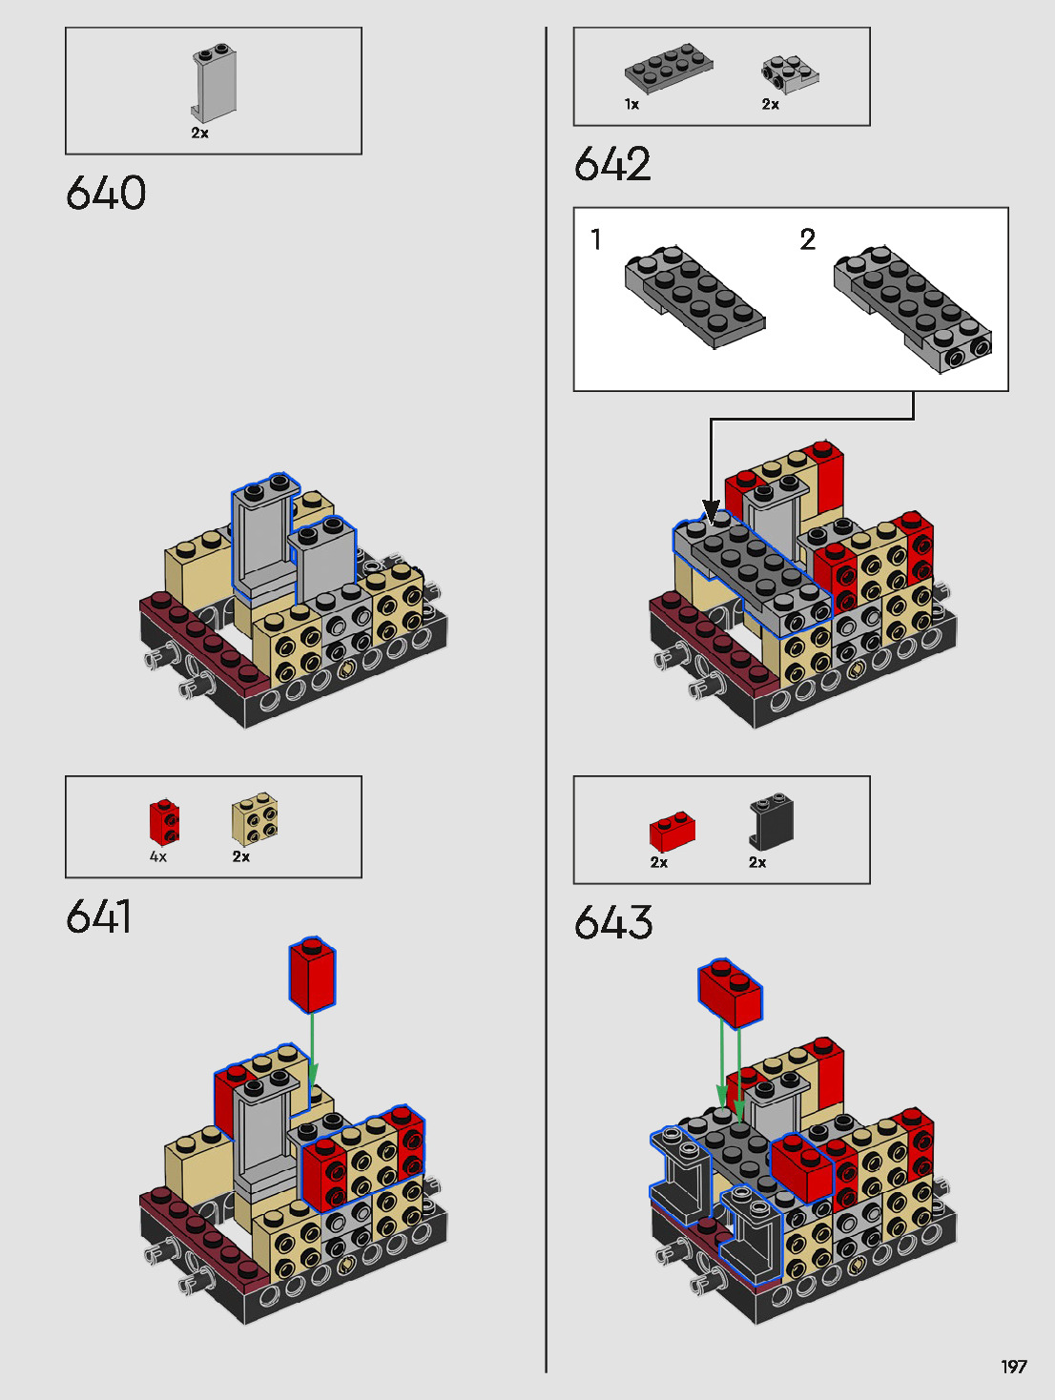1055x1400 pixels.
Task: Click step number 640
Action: pos(106,193)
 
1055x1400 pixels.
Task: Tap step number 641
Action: pos(99,917)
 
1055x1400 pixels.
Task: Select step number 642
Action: pos(613,164)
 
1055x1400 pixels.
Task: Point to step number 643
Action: pos(613,923)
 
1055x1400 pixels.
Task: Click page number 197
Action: pos(1014,1367)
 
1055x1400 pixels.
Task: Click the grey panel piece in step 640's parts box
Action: pos(214,85)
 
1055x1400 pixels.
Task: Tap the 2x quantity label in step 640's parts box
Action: pos(199,134)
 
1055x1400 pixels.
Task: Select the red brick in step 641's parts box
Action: pos(164,823)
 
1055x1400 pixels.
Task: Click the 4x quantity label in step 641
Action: pos(158,857)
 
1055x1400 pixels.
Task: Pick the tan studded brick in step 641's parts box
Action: pos(255,819)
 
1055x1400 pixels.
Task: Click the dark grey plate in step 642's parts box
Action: pos(669,69)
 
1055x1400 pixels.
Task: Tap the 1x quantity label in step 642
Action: pos(631,105)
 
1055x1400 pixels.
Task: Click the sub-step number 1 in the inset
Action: pos(596,239)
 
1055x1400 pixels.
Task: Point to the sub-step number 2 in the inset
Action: pos(808,239)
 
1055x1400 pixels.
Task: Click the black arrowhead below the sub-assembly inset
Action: pos(711,511)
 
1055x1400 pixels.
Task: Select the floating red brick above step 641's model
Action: pos(313,975)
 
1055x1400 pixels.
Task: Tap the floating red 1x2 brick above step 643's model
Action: pos(731,993)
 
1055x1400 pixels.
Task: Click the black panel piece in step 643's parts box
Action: pos(771,821)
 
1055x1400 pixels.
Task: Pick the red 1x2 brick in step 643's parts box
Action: pos(672,832)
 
